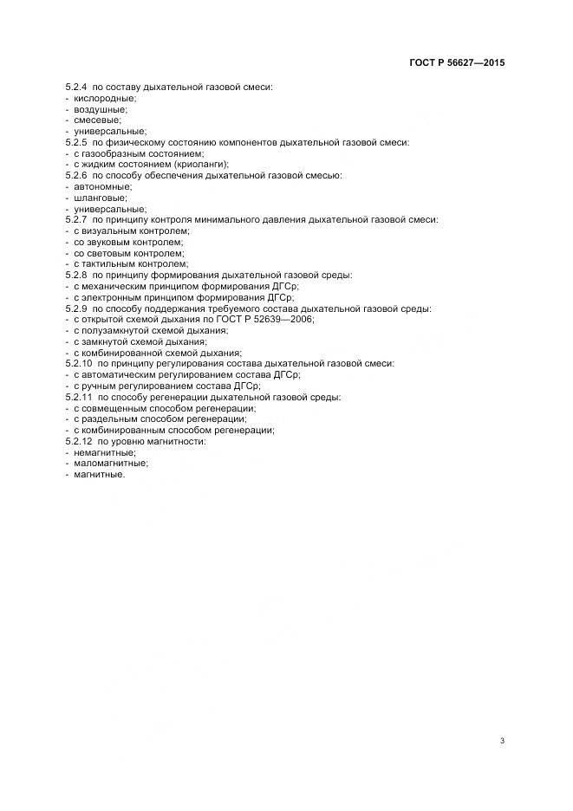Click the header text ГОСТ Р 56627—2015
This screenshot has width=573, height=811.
click(x=456, y=63)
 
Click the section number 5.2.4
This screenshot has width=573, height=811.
click(x=76, y=88)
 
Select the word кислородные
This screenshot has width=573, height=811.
click(x=99, y=99)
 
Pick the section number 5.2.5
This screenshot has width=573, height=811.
click(x=76, y=142)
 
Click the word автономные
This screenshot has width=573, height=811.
click(x=98, y=186)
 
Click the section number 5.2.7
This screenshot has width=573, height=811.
click(x=76, y=219)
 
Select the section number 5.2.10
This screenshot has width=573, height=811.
click(x=79, y=363)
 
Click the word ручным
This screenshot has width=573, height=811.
click(x=98, y=386)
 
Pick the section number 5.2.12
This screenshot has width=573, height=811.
click(x=79, y=441)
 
